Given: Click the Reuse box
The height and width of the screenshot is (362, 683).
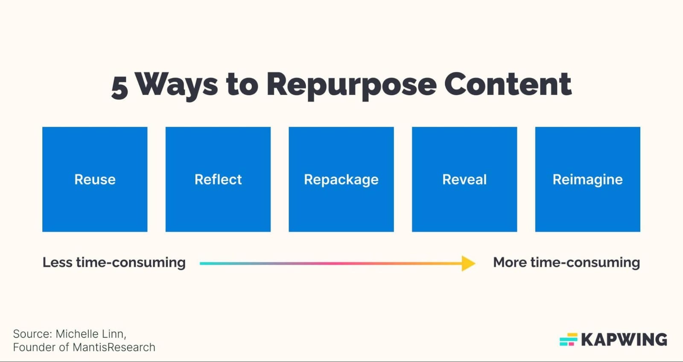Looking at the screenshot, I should pos(95,180).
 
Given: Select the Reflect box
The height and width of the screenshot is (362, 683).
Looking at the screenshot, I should pos(218,180).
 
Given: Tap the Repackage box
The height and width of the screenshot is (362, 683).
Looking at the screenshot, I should pos(341,180).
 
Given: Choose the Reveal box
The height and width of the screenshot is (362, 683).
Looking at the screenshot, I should pos(464,180).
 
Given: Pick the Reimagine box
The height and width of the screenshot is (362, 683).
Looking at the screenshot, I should pos(587,180).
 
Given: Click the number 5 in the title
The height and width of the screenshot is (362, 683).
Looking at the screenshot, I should pos(120,87).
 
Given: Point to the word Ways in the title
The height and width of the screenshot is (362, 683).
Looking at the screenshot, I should pos(177,84).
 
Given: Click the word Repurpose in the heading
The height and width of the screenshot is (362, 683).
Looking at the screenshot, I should pos(351,85).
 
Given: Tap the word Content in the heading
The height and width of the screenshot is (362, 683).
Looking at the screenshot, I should pos(508,84).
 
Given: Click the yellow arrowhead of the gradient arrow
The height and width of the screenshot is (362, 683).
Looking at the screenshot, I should pos(469,264).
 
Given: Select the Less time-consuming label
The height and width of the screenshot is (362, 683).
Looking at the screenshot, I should pos(114,262).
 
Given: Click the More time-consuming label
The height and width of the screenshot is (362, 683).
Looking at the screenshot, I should pos(566,262).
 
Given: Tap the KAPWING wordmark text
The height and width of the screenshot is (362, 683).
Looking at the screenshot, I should pos(624,340).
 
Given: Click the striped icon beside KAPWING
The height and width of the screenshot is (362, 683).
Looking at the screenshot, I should pos(568,340).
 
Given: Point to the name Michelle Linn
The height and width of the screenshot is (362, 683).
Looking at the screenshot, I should pos(90,334).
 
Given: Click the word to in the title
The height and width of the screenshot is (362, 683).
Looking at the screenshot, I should pos(242,84).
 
